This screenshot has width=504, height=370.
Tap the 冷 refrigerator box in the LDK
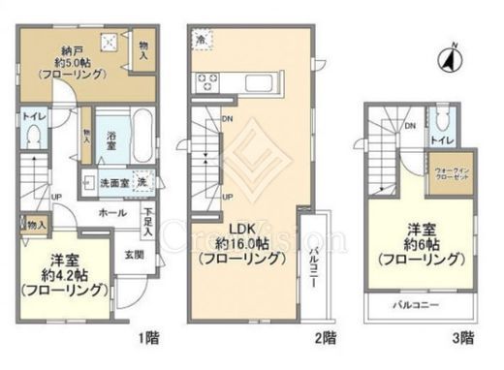[x=202, y=42]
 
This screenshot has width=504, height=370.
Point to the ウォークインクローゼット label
[x=449, y=178]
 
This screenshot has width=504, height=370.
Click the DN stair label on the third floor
[x=411, y=125]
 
